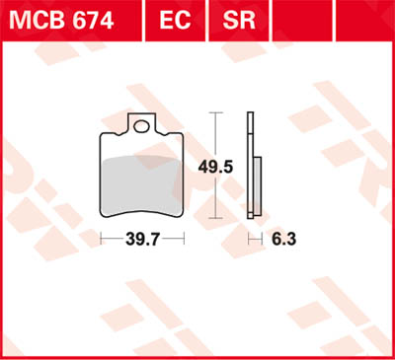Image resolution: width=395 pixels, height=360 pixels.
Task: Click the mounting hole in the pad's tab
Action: pyautogui.click(x=144, y=126)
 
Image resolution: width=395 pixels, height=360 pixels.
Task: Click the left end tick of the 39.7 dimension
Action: pyautogui.click(x=102, y=239)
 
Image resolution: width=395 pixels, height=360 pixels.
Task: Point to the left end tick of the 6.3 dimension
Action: pyautogui.click(x=248, y=239)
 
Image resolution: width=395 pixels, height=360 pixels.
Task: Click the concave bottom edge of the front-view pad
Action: pyautogui.click(x=144, y=210)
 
